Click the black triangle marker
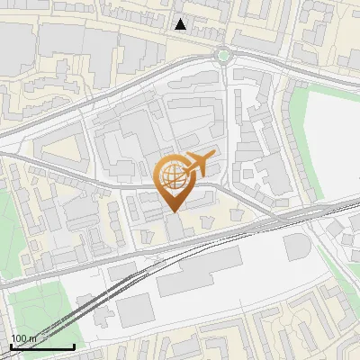point(181,24)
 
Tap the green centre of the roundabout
point(223,55)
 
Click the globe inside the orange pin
point(171,175)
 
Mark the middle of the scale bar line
point(41,347)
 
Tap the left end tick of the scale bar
point(10,346)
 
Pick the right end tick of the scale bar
point(74,346)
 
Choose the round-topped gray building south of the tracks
point(297,247)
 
